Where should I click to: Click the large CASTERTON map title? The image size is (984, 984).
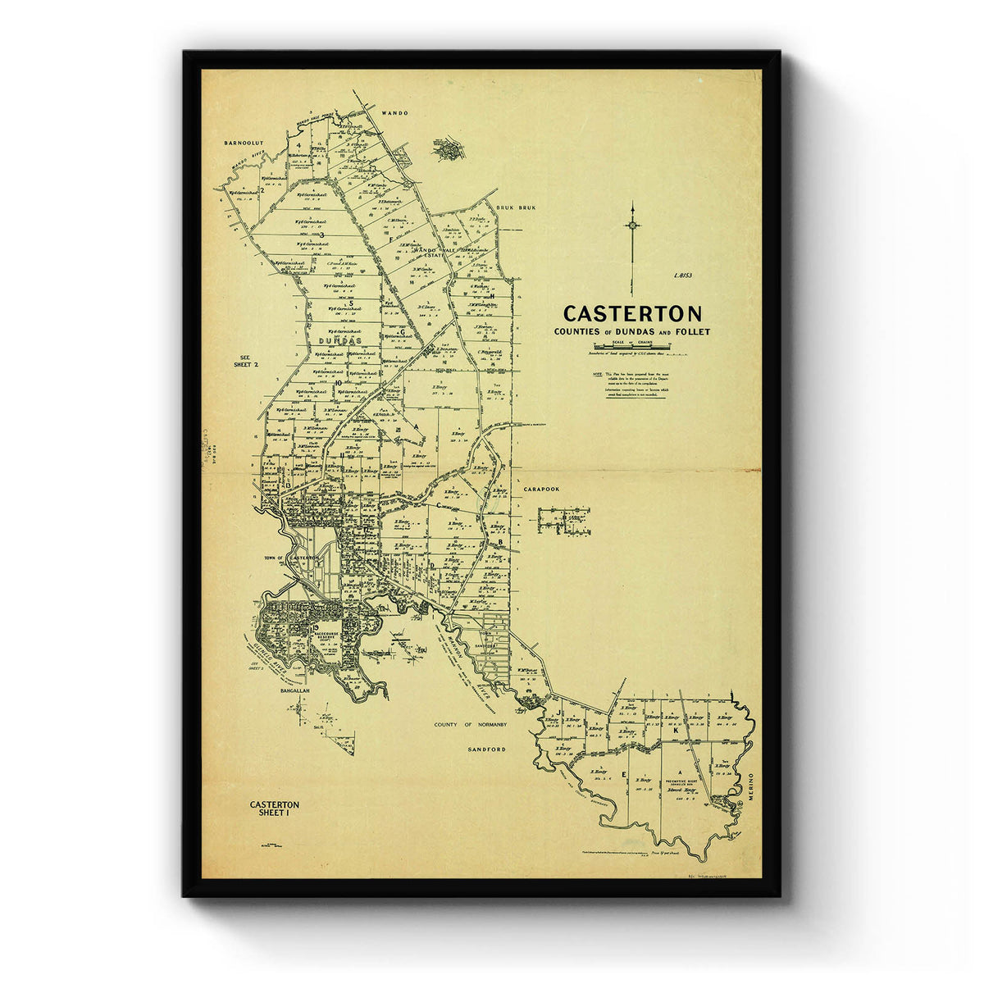point(631,314)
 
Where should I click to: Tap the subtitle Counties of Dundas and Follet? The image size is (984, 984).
point(631,332)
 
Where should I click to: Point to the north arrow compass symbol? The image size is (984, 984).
point(632,225)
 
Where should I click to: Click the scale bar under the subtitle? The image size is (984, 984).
point(632,348)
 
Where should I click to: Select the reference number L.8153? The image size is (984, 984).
point(682,276)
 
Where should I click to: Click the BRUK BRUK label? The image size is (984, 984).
point(515,208)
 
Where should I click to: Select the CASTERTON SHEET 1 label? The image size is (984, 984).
point(274,809)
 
